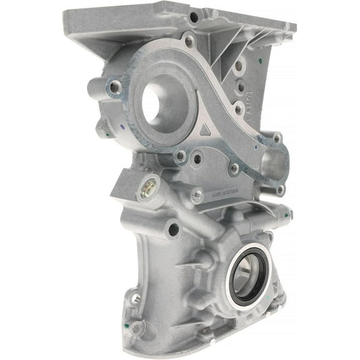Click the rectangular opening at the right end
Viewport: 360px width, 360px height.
click(273, 164)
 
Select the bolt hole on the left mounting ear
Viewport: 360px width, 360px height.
click(115, 87)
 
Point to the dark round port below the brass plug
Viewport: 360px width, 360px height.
click(173, 230)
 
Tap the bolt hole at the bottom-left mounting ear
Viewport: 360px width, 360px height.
click(136, 299)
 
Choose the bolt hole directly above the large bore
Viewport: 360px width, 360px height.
click(189, 42)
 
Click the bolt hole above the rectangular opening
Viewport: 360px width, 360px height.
click(277, 139)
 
